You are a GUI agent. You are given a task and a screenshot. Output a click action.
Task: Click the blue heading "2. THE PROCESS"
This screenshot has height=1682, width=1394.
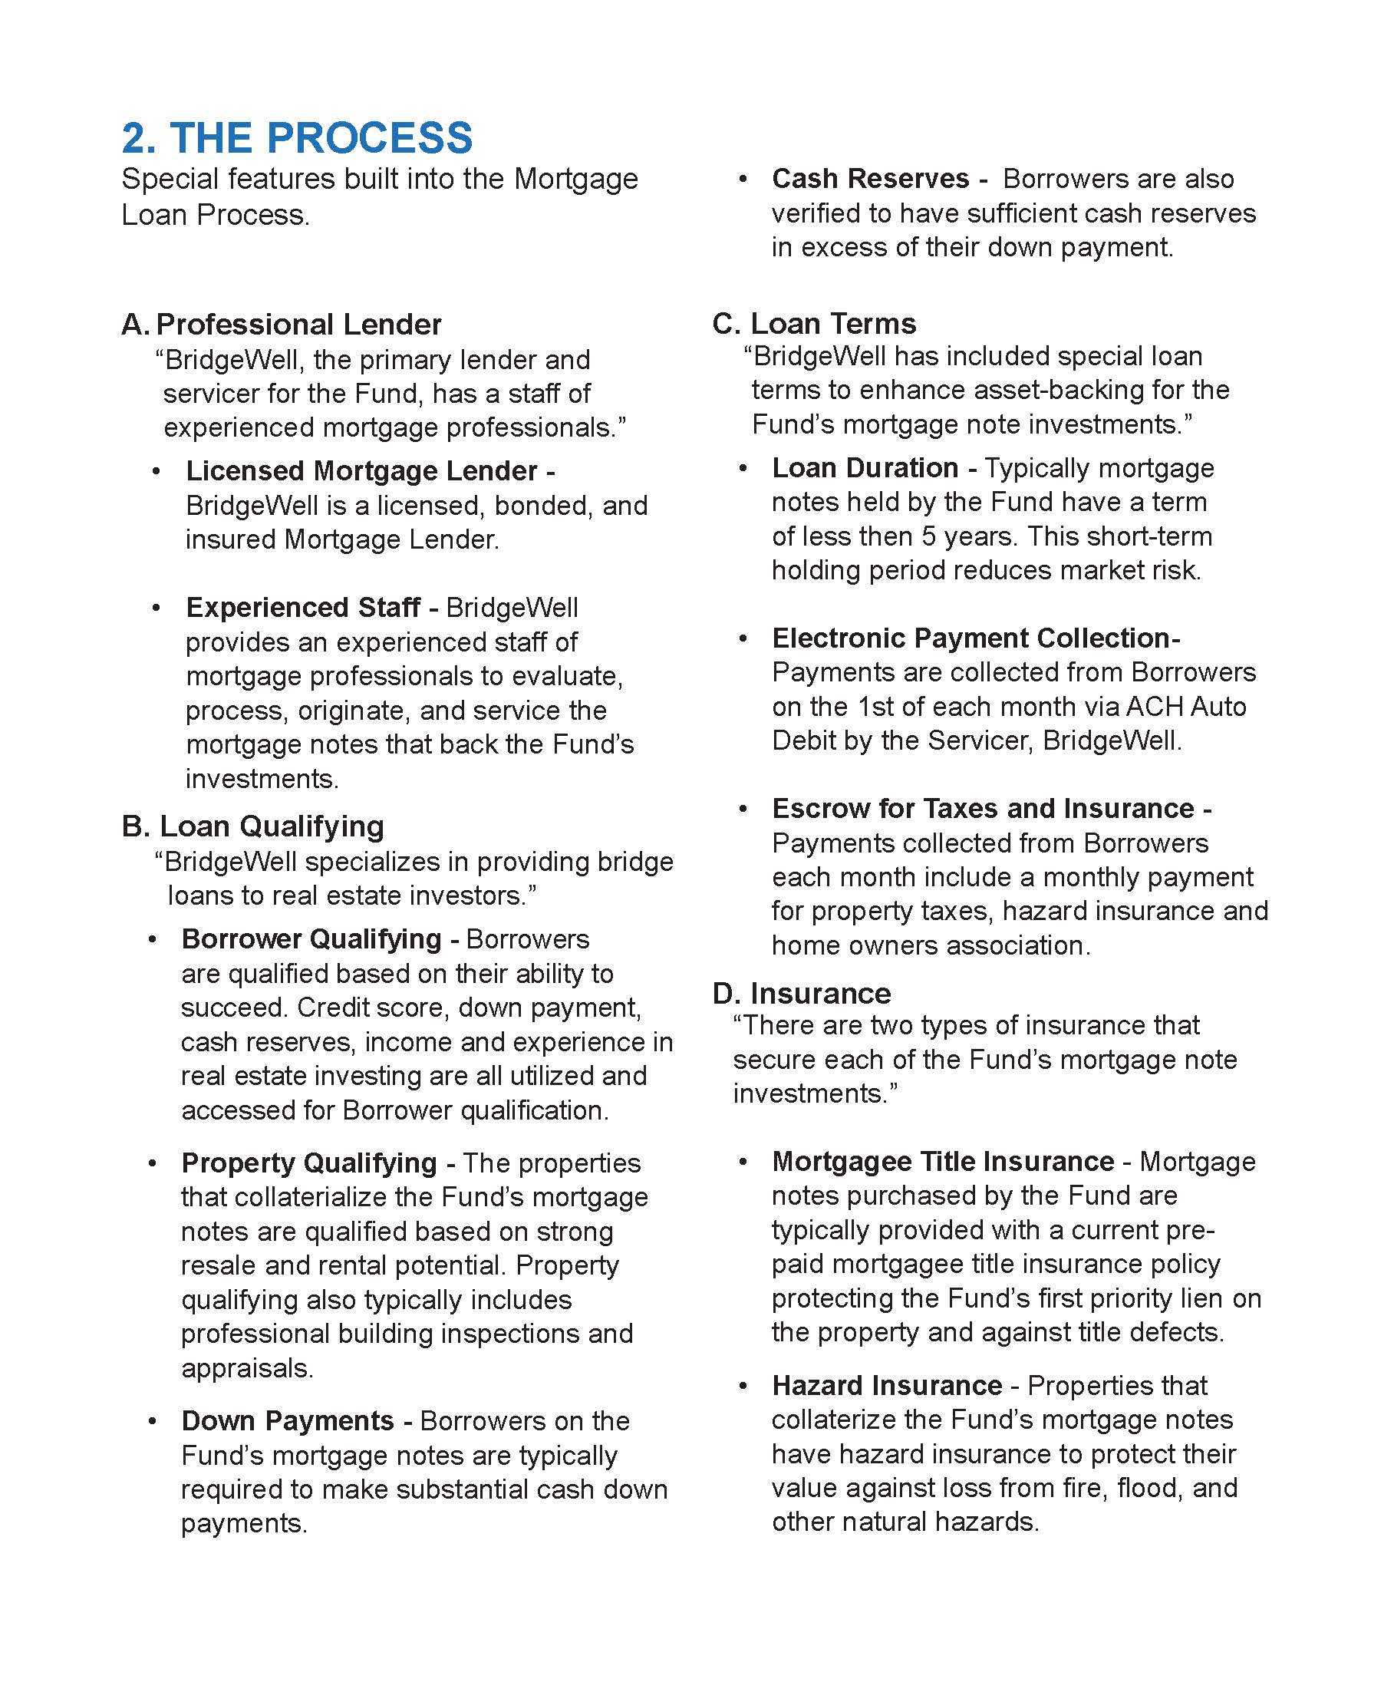297,138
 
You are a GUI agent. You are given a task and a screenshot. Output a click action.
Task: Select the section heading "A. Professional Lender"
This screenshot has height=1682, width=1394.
281,325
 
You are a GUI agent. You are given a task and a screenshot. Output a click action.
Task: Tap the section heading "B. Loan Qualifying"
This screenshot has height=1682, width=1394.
253,826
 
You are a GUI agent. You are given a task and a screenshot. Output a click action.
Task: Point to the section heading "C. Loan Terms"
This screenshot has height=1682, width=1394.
813,324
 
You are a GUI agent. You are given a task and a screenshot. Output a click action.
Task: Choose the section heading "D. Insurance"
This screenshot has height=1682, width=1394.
802,993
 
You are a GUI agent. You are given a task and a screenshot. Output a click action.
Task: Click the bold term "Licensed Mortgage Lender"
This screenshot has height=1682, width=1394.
362,471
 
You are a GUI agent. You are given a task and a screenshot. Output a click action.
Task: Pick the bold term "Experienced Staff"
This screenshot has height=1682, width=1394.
303,607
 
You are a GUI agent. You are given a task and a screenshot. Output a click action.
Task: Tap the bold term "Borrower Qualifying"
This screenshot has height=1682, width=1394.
311,938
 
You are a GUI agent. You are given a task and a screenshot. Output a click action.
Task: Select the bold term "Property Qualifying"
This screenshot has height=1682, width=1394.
309,1163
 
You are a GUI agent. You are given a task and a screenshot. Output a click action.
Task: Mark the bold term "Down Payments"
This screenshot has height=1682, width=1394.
288,1420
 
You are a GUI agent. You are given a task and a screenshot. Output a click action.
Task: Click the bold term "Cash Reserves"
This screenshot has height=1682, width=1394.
870,179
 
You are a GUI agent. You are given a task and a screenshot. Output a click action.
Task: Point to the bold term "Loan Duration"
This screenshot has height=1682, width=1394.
865,468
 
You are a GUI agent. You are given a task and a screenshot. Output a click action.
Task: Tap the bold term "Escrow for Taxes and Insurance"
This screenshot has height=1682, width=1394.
984,808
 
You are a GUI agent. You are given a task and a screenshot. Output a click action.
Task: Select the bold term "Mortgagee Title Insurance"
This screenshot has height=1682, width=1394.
942,1162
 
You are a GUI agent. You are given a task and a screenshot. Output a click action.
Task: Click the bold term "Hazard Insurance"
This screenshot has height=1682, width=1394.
886,1385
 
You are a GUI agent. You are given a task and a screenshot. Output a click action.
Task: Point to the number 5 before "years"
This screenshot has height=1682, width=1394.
929,536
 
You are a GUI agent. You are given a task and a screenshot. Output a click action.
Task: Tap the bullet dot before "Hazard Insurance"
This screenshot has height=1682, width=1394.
744,1386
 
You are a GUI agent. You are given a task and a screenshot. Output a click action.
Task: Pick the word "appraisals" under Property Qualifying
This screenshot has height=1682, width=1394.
246,1367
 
